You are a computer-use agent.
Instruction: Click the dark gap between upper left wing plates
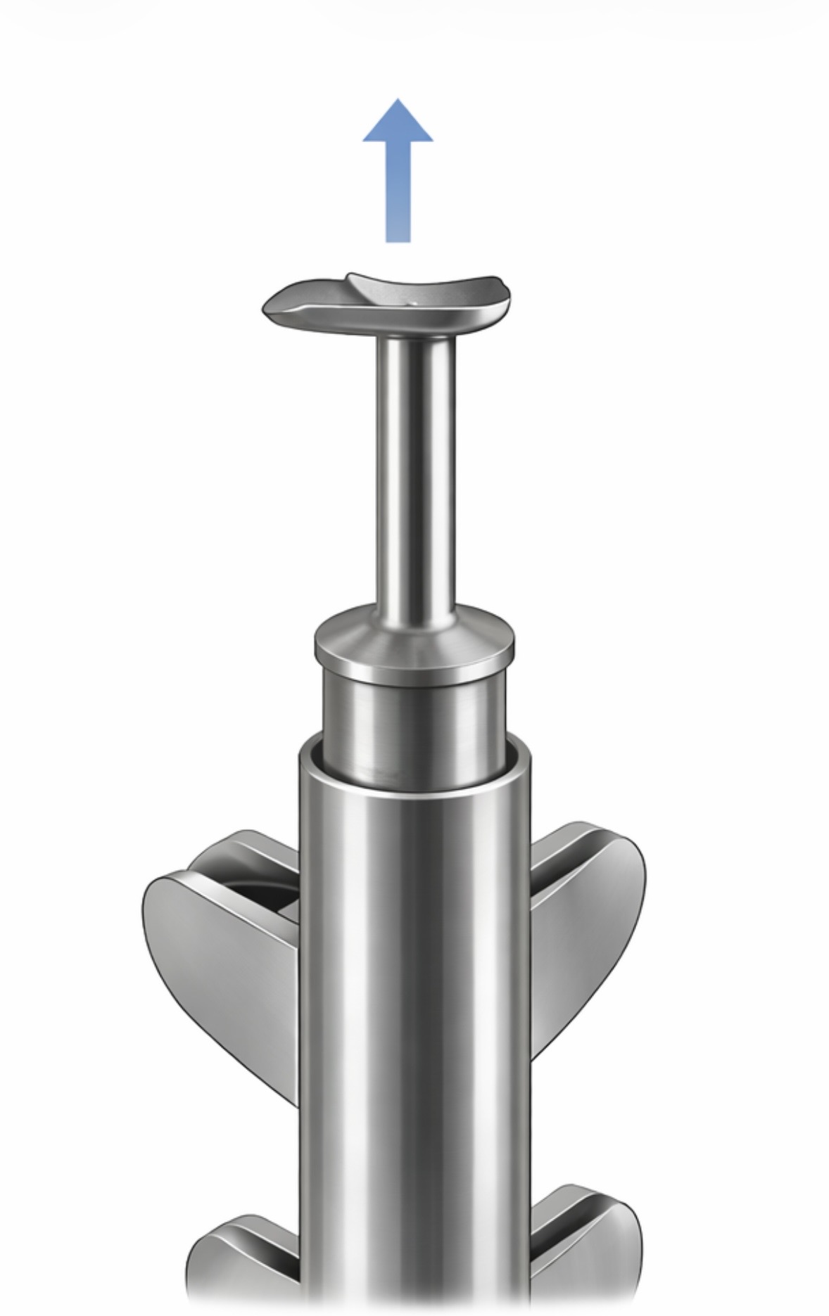coord(271,897)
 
